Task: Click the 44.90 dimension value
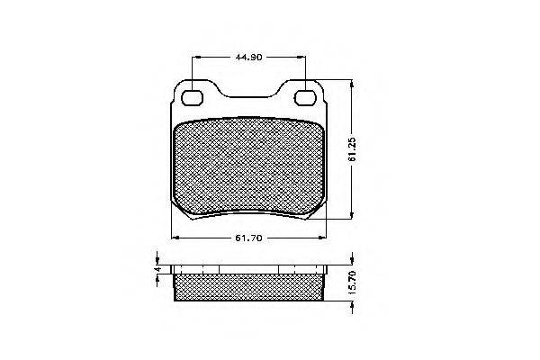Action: (248, 58)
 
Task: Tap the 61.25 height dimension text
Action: (352, 149)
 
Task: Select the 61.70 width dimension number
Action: (248, 238)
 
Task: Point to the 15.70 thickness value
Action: (352, 282)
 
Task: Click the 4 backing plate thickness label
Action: (157, 269)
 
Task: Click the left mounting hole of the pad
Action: (192, 97)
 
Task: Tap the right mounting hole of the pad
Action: (305, 97)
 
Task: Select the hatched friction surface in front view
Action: (248, 167)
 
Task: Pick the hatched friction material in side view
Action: (249, 287)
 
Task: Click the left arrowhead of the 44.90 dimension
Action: (195, 58)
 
